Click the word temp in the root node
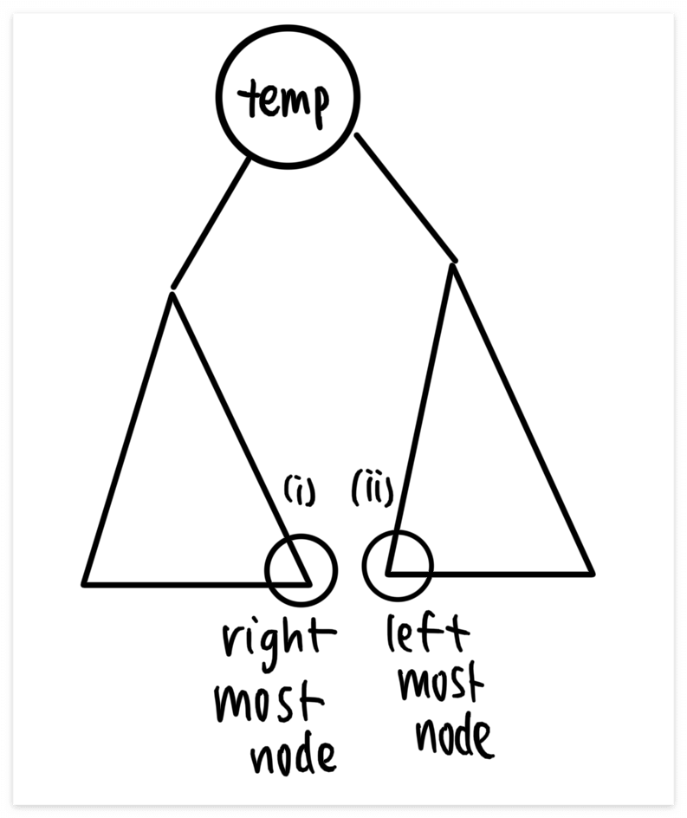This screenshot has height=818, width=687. (x=284, y=102)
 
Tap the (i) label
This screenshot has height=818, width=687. (x=300, y=490)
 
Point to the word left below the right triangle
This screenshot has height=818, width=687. (x=428, y=633)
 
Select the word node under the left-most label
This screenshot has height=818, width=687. (x=455, y=736)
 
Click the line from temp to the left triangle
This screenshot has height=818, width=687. (x=211, y=224)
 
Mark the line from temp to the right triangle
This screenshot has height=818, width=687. (x=405, y=198)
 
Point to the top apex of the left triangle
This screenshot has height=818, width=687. (x=172, y=295)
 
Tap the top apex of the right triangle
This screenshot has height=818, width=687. (x=453, y=266)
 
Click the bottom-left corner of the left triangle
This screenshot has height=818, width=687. (x=83, y=584)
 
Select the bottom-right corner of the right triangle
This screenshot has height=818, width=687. (x=593, y=575)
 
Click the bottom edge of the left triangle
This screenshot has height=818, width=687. (x=197, y=585)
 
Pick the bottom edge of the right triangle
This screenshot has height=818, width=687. (x=489, y=575)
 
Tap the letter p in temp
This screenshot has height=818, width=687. (x=320, y=107)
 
